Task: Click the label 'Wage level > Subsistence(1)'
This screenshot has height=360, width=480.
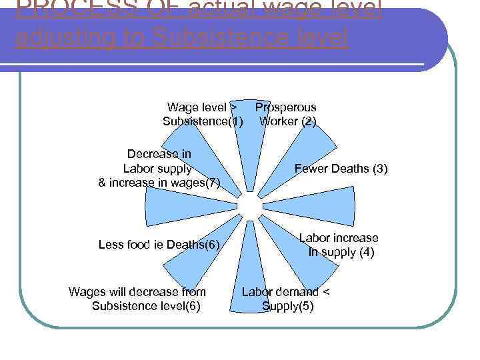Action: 202,114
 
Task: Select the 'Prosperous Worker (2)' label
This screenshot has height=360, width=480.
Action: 287,114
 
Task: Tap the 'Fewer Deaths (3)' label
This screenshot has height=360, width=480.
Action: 341,169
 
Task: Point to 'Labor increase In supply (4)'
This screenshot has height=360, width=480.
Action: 338,245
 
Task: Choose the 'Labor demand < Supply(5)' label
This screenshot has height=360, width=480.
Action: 286,299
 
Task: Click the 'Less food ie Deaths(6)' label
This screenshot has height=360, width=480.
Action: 159,245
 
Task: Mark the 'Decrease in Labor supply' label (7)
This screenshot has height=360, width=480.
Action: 159,168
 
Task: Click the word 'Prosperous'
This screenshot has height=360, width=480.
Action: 286,107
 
